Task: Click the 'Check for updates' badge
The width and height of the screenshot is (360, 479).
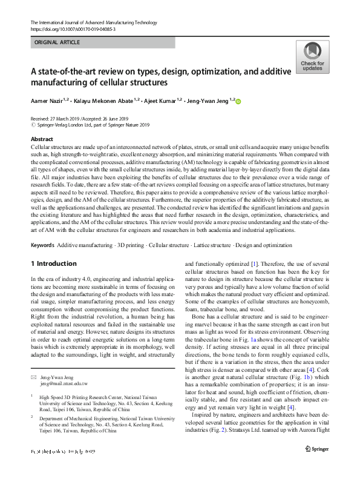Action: point(312,58)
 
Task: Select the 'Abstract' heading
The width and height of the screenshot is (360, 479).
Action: point(42,139)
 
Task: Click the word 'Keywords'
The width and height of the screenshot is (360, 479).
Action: point(42,243)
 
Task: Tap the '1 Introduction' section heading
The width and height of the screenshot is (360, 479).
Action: point(54,264)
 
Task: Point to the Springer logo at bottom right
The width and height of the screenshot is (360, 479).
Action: point(318,465)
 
